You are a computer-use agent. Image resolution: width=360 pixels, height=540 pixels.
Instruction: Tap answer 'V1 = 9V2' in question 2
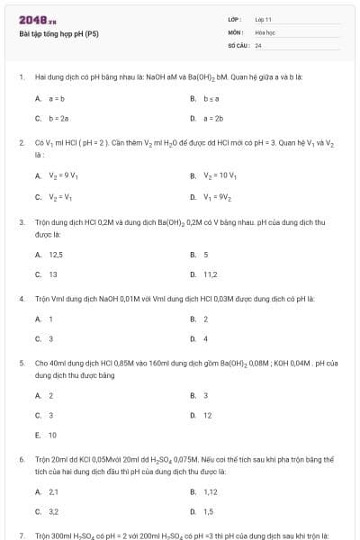coord(216,196)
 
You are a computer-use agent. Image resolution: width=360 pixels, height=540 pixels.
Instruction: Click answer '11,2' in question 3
coord(211,274)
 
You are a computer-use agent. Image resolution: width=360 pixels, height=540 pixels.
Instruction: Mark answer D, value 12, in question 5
coord(208,415)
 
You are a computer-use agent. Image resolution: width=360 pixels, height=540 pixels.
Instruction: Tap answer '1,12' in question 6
coord(211,491)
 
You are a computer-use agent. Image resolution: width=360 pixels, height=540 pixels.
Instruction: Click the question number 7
coord(21,535)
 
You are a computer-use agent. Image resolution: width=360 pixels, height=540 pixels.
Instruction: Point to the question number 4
coord(21,297)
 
